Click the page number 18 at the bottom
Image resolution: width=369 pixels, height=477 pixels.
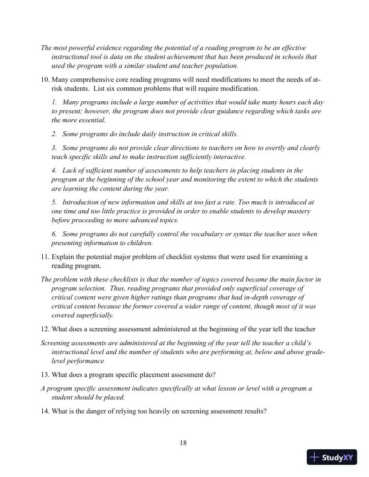pos(184,444)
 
